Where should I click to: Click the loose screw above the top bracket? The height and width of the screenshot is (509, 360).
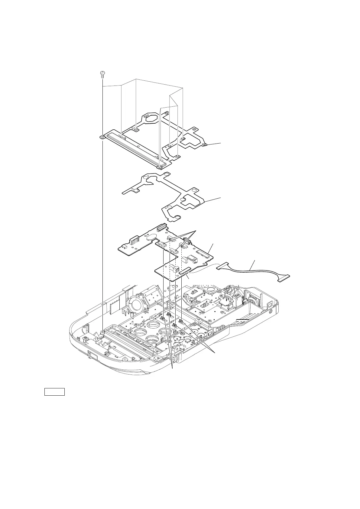(x=102, y=74)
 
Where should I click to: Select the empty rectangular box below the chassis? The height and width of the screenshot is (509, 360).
(x=55, y=391)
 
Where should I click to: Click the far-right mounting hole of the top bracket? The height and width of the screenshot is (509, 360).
(x=205, y=145)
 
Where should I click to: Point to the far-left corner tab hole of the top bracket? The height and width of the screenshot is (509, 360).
(x=102, y=137)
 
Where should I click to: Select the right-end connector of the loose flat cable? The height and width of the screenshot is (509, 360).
(x=284, y=276)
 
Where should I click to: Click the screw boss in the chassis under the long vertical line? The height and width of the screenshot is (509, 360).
(x=103, y=332)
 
